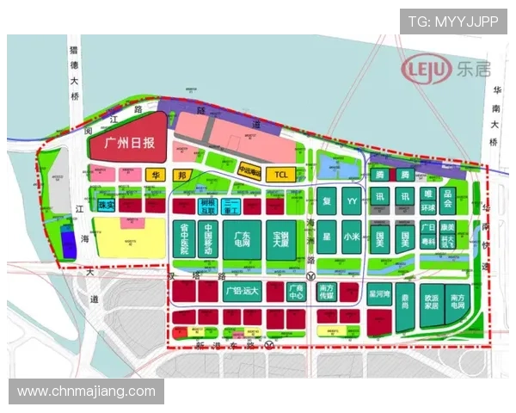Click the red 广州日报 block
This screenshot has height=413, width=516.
pos(128,144)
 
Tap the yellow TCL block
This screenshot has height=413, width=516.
pos(279,175)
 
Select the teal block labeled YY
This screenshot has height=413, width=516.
pos(351,201)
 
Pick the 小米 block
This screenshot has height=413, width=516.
pos(351,235)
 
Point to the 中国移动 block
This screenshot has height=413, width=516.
pos(209,239)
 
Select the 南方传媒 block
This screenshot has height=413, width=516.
pos(326,292)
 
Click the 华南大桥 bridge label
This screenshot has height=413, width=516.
pos(496,107)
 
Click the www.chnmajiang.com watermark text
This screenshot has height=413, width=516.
pos(86,392)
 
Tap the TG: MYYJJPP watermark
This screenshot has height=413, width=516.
pos(452,22)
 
